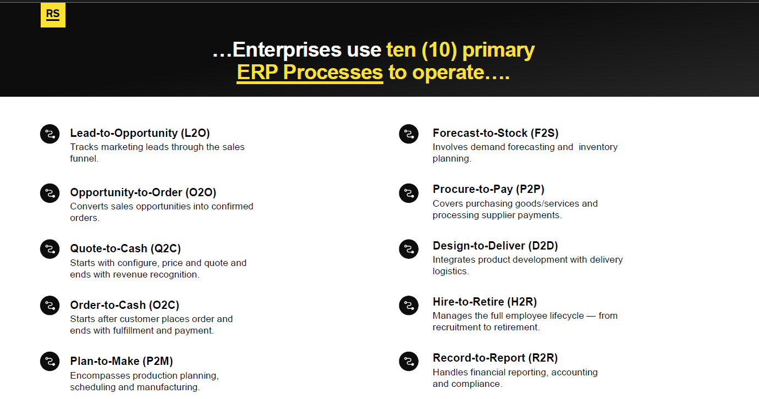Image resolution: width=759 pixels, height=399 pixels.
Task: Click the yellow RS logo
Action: click(53, 15)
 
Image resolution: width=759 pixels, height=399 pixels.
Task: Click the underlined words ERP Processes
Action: click(310, 73)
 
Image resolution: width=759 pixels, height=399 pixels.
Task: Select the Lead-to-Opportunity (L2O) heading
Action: click(140, 133)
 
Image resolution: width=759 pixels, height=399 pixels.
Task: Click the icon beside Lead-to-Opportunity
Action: click(50, 134)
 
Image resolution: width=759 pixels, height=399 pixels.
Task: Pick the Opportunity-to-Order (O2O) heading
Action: click(143, 192)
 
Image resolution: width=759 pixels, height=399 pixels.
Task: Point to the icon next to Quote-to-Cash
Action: click(50, 249)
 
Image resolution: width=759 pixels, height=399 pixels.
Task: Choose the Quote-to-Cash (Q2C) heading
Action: click(125, 248)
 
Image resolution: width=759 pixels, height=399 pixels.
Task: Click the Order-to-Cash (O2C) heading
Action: click(125, 305)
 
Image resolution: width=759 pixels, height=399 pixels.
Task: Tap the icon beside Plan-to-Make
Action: click(50, 362)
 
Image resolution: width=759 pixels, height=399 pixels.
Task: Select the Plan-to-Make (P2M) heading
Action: click(122, 361)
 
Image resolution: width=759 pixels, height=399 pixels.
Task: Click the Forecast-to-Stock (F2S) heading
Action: click(496, 133)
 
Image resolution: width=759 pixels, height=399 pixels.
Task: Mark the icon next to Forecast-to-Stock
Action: click(409, 134)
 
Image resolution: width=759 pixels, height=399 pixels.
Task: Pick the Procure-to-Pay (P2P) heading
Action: click(488, 189)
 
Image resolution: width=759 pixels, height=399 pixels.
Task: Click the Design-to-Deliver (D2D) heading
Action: click(495, 246)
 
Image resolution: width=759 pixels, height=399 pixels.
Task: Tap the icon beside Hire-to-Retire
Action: click(409, 306)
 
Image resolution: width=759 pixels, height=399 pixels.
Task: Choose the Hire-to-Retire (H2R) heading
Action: click(485, 302)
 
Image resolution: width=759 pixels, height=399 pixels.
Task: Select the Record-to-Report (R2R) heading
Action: click(495, 358)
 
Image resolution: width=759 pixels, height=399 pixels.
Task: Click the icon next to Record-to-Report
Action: click(409, 362)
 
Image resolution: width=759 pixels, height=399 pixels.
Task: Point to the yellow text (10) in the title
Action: click(439, 50)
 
